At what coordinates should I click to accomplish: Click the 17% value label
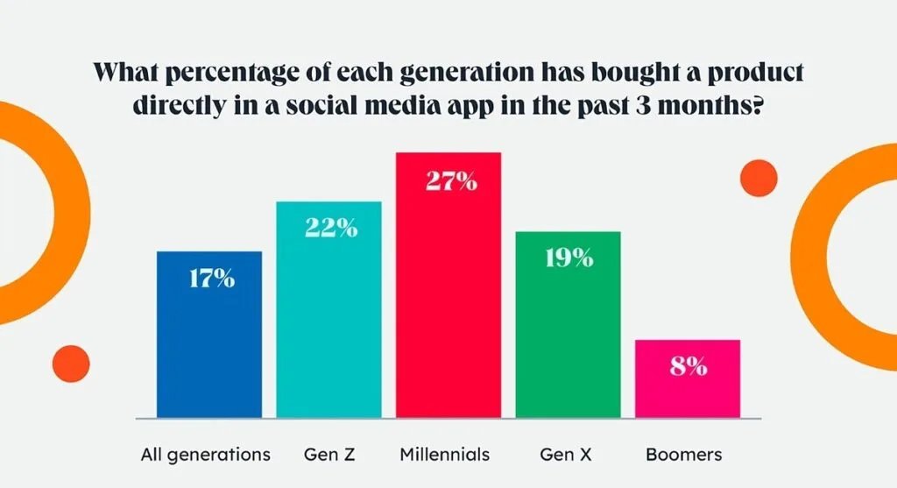[211, 279]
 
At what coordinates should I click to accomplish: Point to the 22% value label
[331, 228]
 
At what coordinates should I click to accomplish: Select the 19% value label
[568, 259]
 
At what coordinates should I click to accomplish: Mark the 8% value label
[689, 367]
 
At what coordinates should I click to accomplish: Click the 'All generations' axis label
[206, 455]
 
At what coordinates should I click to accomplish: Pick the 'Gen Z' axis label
[329, 455]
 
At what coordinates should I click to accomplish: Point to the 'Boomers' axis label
[684, 455]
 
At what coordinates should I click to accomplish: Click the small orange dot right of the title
[759, 178]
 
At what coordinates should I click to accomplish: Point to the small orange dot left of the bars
[72, 364]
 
